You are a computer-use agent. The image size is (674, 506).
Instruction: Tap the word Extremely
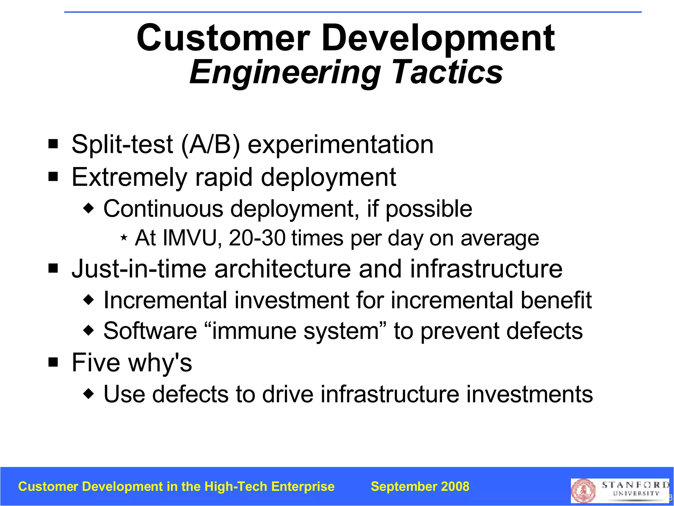(129, 178)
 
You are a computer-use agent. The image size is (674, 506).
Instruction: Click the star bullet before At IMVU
(124, 237)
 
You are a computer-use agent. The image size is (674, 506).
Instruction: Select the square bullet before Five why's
(53, 362)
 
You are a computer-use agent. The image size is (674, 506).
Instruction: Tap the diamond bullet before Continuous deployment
(89, 208)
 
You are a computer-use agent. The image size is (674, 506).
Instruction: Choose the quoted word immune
(255, 331)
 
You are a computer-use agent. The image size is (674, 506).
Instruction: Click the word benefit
(556, 300)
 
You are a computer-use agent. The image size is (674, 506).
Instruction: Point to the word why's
(160, 363)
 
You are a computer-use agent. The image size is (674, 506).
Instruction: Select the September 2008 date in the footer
(420, 487)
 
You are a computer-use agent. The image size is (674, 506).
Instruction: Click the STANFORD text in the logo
(635, 485)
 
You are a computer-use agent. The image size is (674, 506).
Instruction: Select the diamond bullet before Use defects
(89, 393)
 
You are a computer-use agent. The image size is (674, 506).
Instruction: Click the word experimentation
(340, 145)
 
